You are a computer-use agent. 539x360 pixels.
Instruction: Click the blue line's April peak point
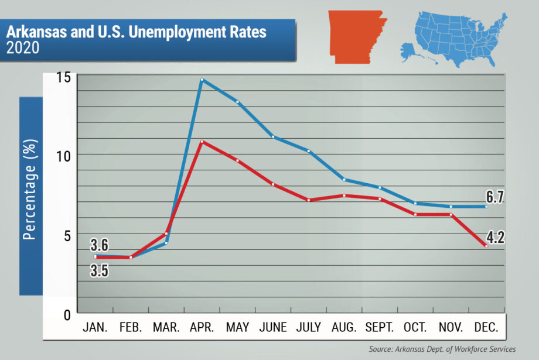pos(202,80)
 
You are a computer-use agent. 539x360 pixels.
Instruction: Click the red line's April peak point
pos(202,142)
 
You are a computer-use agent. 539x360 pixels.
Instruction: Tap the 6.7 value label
pos(495,197)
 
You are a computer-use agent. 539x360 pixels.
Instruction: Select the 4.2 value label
pos(495,237)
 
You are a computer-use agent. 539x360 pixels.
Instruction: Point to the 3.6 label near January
pos(99,245)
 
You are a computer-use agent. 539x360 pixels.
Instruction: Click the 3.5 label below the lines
pos(99,270)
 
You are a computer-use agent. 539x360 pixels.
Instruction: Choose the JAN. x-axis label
pos(96,327)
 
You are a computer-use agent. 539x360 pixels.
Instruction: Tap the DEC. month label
pos(486,327)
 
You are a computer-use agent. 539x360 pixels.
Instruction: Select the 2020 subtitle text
pos(23,48)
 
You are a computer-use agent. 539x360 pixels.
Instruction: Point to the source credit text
pos(442,349)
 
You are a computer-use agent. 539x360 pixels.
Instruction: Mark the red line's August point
pos(344,196)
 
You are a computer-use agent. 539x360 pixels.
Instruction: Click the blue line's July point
pos(309,151)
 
